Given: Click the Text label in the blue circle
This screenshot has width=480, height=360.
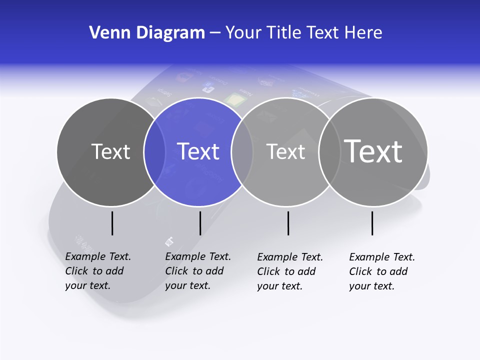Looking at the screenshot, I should (198, 151).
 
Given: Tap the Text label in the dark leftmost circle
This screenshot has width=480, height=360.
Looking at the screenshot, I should (110, 151).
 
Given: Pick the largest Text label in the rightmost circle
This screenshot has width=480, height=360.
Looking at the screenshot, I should (373, 151).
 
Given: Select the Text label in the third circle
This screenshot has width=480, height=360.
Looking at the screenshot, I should (285, 151).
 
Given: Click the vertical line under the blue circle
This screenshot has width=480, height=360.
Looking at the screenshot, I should (200, 223).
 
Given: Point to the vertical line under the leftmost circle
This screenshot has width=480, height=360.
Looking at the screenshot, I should (112, 223).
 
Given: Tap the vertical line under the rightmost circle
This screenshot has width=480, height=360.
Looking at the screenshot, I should (372, 223).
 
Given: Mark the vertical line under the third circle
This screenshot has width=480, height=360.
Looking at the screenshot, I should (288, 223).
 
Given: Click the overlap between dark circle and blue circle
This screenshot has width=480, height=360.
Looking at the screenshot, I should (154, 152).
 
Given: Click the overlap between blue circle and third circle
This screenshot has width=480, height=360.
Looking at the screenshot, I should (242, 152).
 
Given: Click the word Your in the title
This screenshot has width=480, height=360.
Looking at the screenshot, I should (243, 33).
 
